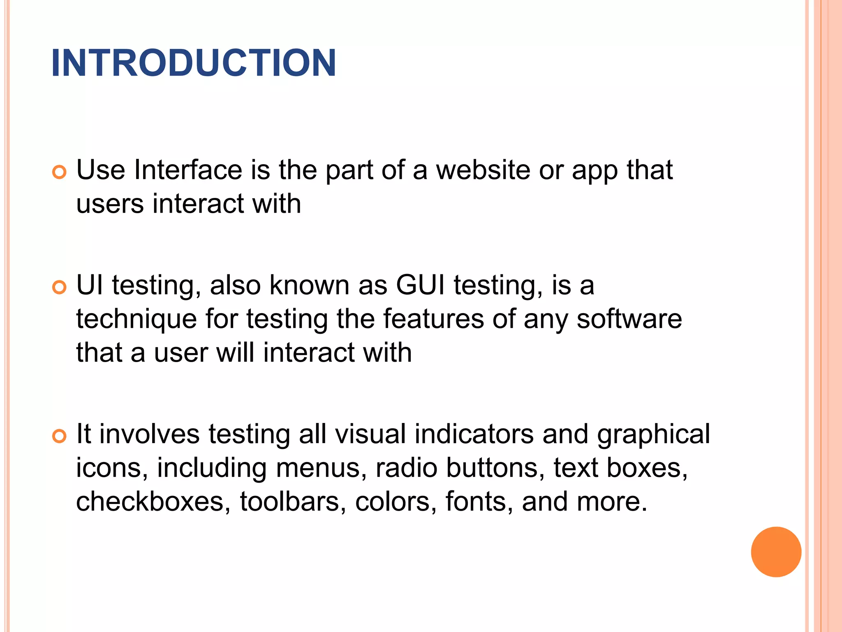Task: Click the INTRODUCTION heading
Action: coord(194,63)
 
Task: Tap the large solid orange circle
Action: coord(776,552)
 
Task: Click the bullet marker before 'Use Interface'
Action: coord(60,172)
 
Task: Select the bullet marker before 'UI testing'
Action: coord(60,287)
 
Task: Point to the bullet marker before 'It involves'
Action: coord(60,436)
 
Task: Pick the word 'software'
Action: coord(629,319)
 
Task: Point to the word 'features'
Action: coord(433,319)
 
